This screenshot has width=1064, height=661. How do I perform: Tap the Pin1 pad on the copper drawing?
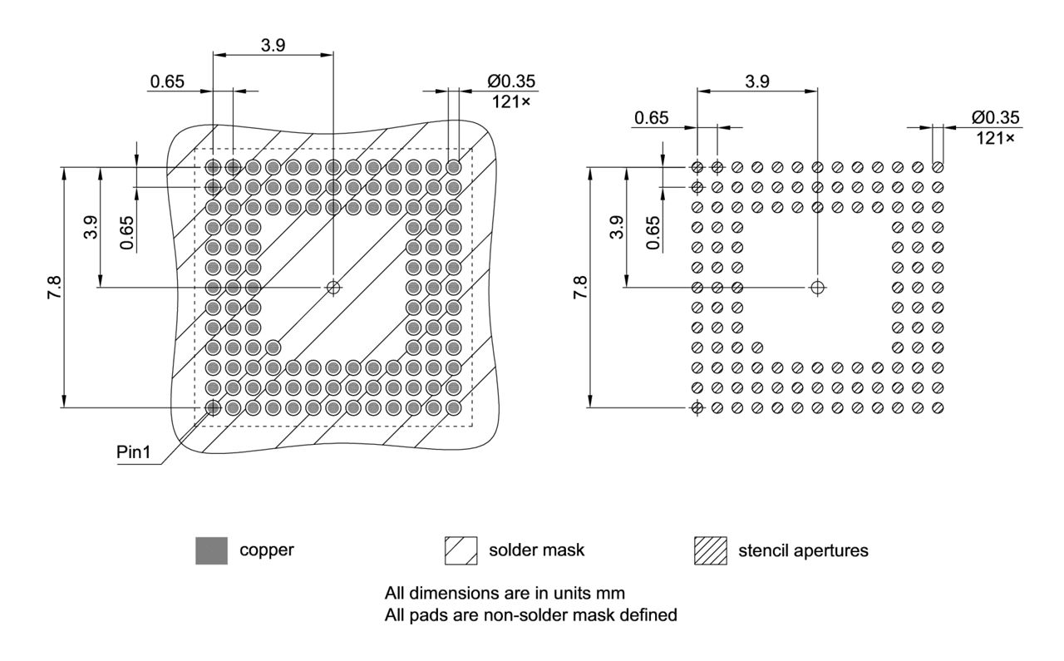coord(213,407)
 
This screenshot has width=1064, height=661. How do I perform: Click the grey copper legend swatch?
coord(211,550)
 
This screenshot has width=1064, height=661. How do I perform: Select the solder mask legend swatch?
coord(461,550)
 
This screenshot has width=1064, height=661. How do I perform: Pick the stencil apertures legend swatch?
coord(710,550)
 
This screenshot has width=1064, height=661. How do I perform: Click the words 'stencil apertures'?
coord(803,550)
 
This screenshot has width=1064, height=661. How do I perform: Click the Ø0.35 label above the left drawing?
coord(512,81)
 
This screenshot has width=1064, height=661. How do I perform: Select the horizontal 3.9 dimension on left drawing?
coord(273,46)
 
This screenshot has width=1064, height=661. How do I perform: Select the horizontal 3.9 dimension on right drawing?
coord(756,81)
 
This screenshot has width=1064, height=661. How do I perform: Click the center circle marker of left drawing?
coord(333,288)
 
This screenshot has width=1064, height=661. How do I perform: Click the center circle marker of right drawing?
coord(818,288)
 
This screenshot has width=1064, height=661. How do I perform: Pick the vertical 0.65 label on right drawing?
coord(653,233)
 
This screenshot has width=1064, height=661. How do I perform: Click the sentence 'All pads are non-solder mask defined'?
coord(530,616)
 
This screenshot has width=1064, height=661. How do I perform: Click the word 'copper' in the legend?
coord(267,550)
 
